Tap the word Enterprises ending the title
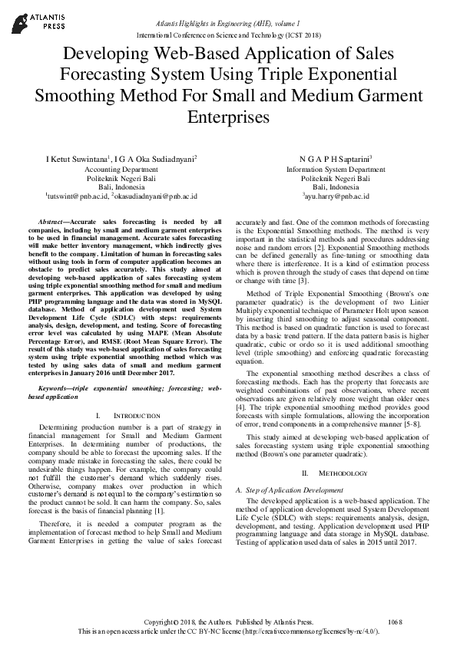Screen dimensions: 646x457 click(x=228, y=117)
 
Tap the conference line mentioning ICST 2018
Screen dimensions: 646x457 click(x=229, y=35)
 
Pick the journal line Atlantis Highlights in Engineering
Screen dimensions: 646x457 click(x=228, y=26)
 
